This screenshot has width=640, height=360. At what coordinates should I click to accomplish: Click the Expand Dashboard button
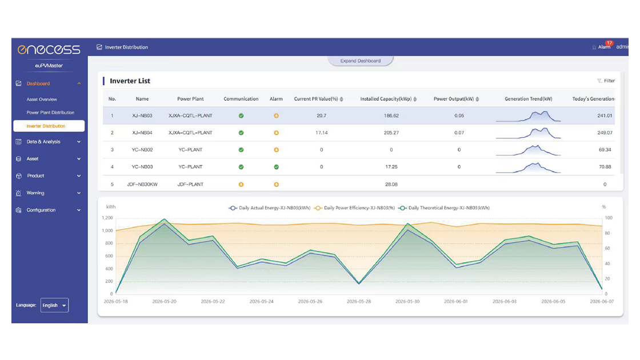coord(361,61)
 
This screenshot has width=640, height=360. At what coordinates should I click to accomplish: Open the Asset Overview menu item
coord(42,99)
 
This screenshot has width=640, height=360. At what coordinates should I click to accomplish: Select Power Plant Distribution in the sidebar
coord(50,113)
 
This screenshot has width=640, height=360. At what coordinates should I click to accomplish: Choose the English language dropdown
coord(54,305)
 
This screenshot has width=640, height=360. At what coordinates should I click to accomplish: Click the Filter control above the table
coord(606,81)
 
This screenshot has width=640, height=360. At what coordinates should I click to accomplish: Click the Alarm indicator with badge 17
coord(603,46)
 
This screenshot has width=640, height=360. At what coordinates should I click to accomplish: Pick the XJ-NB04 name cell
coord(142,133)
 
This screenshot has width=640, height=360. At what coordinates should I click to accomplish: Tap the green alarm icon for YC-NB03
coord(277,167)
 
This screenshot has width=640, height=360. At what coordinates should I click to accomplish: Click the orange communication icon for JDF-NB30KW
coord(241,185)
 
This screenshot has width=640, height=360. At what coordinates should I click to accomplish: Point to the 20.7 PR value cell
coord(321,115)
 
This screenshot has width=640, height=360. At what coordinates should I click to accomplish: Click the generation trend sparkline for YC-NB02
coord(528,150)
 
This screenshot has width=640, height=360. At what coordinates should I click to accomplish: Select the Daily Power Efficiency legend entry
coord(355,208)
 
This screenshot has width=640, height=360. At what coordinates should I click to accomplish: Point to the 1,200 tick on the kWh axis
coord(107,218)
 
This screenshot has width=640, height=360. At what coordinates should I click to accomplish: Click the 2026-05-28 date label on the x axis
coord(359,301)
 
